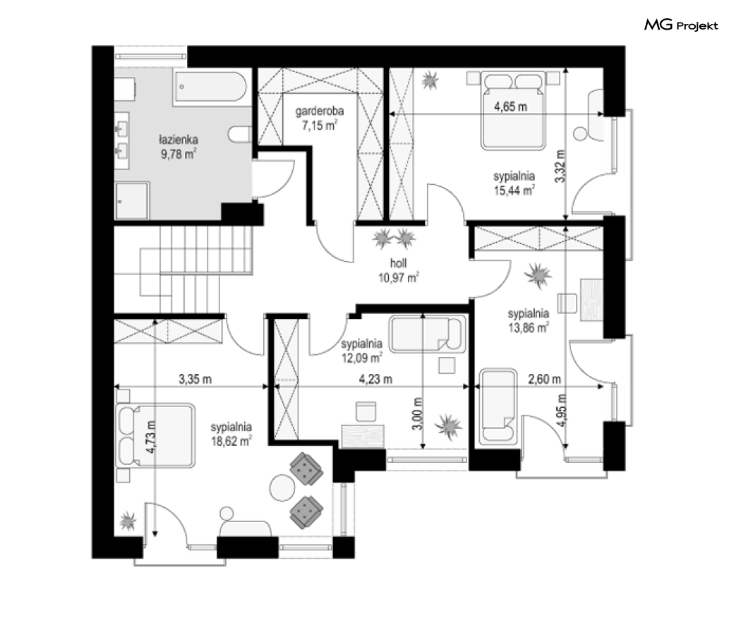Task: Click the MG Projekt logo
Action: click(x=681, y=25)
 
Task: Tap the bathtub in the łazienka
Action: click(x=211, y=86)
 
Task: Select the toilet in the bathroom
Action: click(x=239, y=134)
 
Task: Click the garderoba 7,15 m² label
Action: click(x=320, y=118)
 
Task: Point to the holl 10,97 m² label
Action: click(x=399, y=271)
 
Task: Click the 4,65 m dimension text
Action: click(x=510, y=107)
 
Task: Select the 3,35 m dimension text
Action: click(x=195, y=379)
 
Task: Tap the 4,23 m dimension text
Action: click(x=375, y=379)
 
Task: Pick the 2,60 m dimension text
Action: click(x=544, y=379)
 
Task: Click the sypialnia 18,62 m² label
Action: click(x=231, y=434)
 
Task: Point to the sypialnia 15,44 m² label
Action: click(x=514, y=183)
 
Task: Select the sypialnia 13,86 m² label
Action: click(x=529, y=320)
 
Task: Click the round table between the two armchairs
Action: click(x=282, y=487)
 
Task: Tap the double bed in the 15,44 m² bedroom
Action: click(x=513, y=111)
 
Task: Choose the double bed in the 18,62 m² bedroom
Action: click(x=156, y=435)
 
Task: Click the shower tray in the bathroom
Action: click(x=132, y=200)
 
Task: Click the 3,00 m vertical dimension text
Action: click(x=417, y=414)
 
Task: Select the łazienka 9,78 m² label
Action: click(x=178, y=147)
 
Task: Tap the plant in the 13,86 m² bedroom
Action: click(x=538, y=275)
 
